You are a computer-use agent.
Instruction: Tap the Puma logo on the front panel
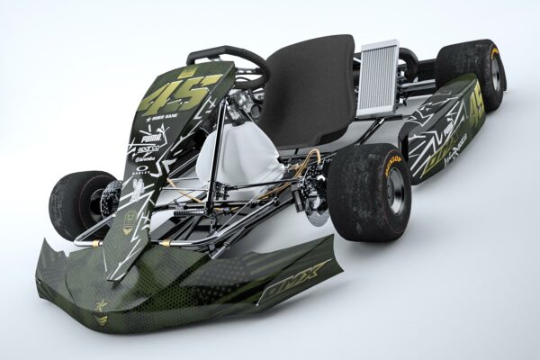[148, 139]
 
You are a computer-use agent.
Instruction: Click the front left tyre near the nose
[76, 204]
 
